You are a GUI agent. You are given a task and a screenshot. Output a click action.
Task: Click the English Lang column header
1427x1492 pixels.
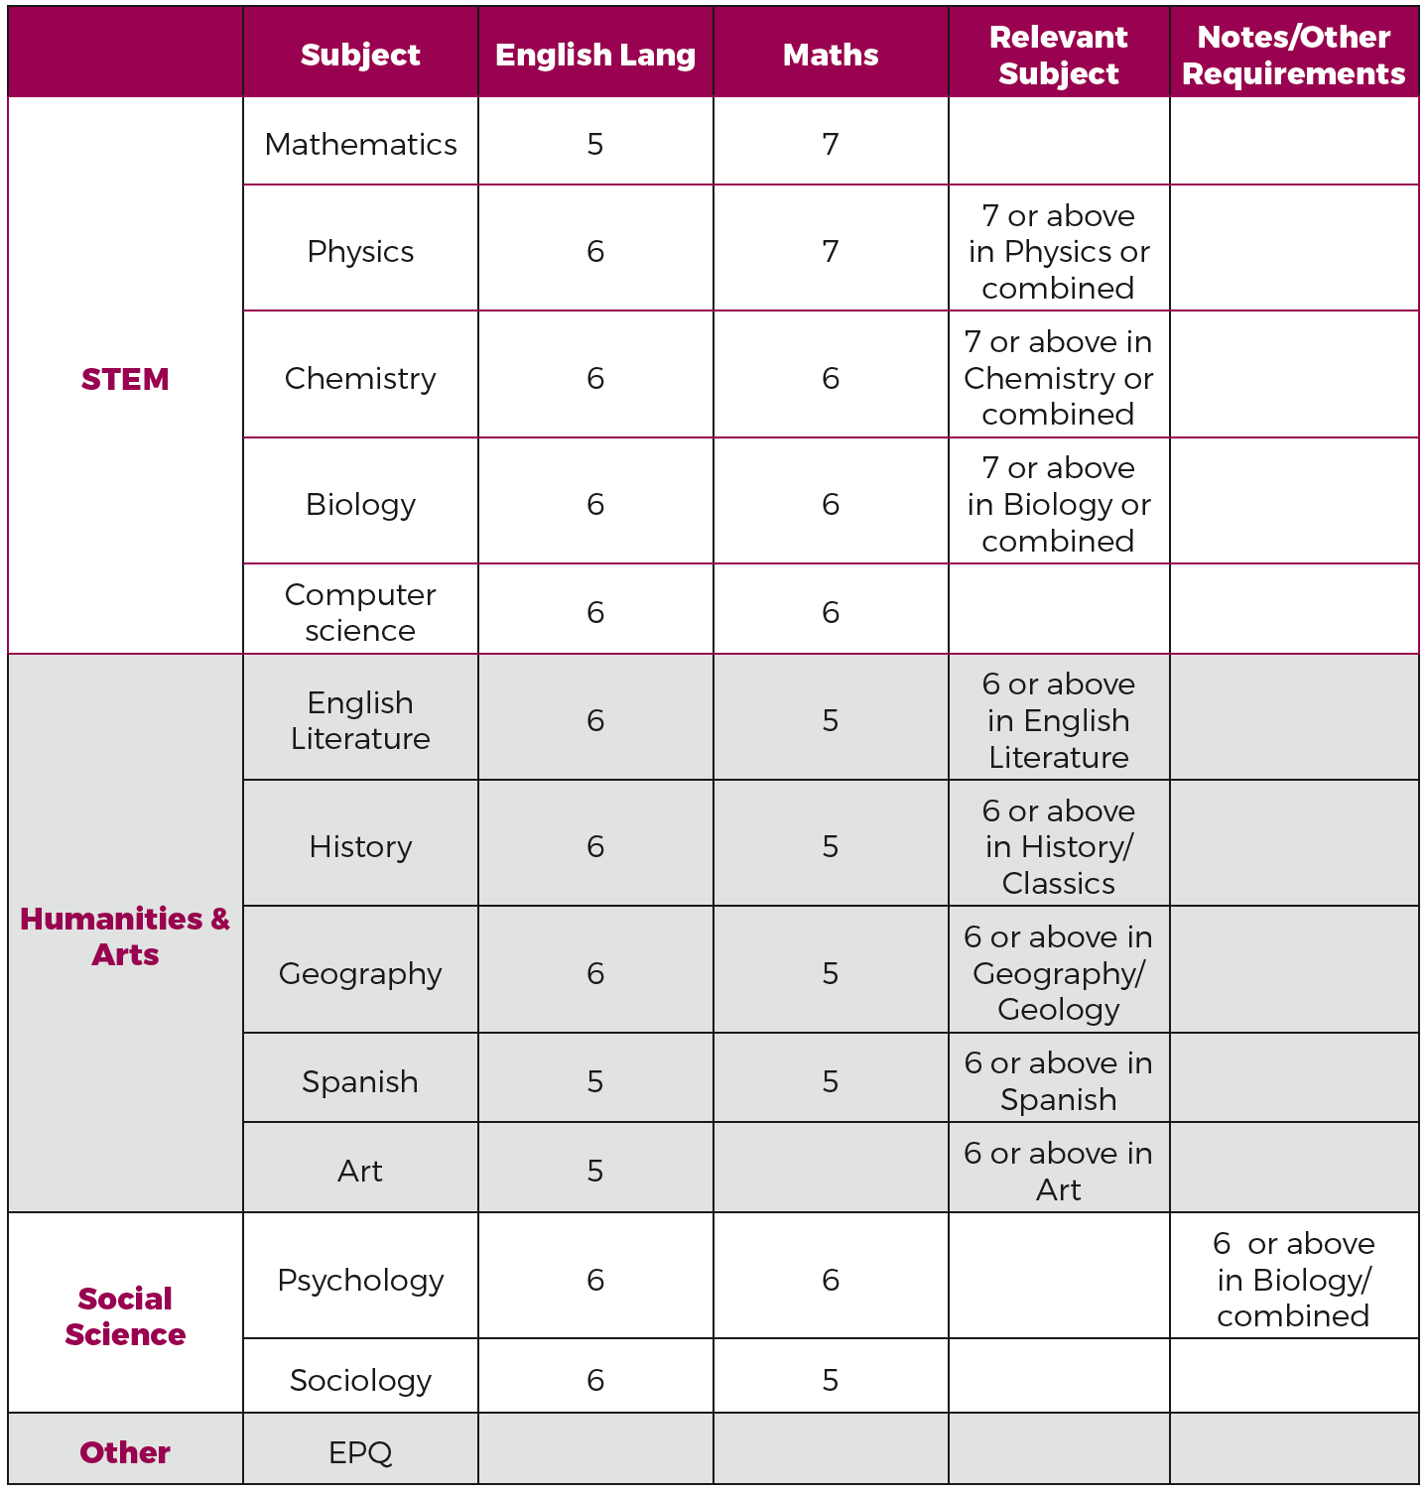[x=595, y=55]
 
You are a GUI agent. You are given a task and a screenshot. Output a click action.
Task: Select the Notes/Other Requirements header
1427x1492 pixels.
[x=1293, y=55]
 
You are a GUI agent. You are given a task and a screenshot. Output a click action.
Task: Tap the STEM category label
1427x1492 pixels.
[x=125, y=379]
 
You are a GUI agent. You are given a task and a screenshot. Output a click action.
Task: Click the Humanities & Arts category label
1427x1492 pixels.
[x=125, y=935]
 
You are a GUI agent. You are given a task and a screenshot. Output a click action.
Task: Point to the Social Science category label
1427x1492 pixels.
[x=125, y=1316]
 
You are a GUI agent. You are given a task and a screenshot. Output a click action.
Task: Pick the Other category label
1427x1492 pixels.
[x=125, y=1452]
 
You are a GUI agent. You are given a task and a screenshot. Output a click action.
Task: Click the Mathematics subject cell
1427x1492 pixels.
[x=360, y=144]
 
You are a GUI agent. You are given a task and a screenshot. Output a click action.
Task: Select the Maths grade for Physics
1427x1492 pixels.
[x=831, y=251]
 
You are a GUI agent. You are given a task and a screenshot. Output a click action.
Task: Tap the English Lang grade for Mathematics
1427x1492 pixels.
[x=595, y=144]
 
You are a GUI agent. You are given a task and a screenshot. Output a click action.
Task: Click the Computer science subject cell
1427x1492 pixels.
[x=360, y=612]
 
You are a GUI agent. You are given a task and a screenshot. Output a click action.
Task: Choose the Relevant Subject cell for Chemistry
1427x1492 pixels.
[x=1059, y=378]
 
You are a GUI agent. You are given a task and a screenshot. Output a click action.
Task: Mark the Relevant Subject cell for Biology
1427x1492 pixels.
[x=1059, y=504]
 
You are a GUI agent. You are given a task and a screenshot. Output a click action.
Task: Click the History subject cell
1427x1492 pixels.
[x=360, y=846]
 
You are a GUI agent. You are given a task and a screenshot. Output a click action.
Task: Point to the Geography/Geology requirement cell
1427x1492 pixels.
[x=1059, y=973]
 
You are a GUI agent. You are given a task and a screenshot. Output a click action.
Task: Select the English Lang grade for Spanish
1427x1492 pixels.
[x=595, y=1081]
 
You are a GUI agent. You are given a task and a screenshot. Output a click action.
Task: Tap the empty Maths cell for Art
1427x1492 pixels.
[x=831, y=1171]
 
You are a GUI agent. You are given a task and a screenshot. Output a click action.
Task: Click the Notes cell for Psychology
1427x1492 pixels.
[x=1293, y=1280]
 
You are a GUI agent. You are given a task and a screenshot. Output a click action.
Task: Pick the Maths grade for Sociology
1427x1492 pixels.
[x=831, y=1380]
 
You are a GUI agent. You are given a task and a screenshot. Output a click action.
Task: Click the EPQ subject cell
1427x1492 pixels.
[x=360, y=1452]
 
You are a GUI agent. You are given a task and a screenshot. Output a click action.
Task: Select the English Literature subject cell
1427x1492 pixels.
[x=360, y=720]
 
